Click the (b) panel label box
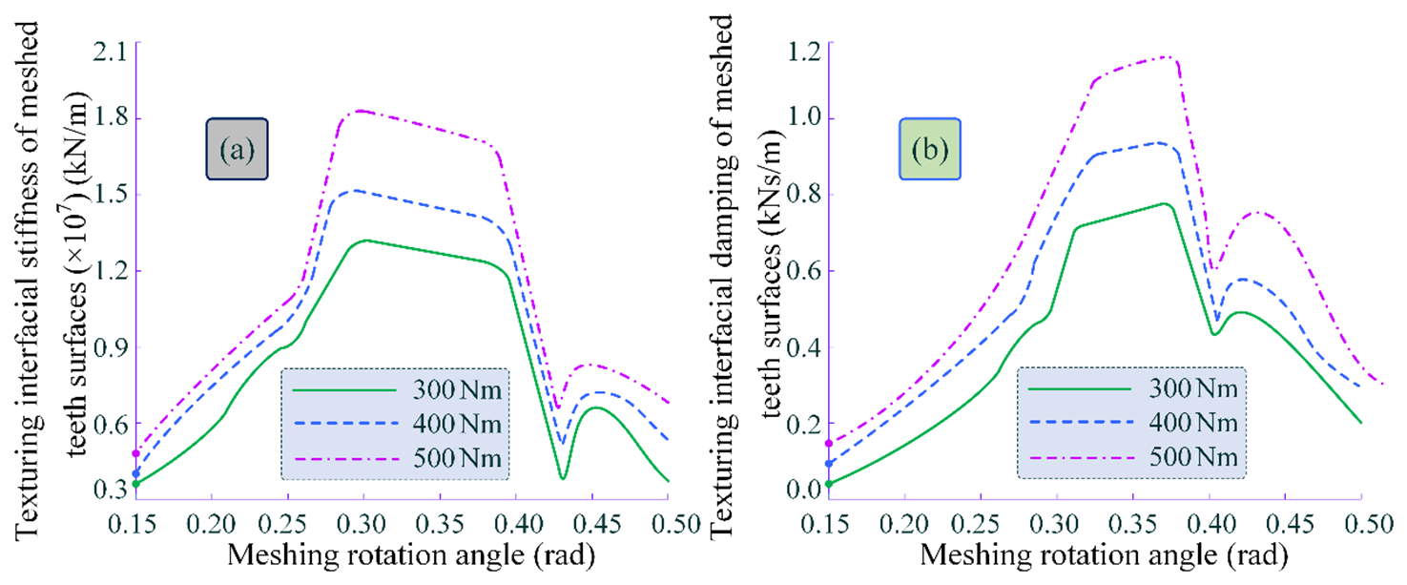[x=928, y=151]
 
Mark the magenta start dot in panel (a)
[x=136, y=453]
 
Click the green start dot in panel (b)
[x=828, y=484]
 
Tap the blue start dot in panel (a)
[x=136, y=473]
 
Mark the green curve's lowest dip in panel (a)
[x=564, y=478]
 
